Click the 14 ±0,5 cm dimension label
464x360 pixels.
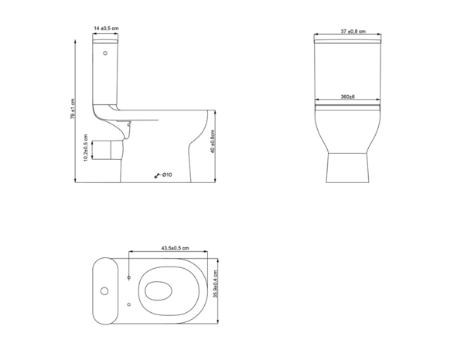coord(105,29)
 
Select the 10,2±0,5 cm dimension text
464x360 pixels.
coord(87,146)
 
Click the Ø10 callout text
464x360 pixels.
coord(166,175)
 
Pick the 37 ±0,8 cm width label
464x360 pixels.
coord(352,32)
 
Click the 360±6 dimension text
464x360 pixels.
coord(347,97)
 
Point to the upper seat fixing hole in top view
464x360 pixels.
coord(128,276)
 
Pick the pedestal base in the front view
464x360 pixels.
coord(347,166)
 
